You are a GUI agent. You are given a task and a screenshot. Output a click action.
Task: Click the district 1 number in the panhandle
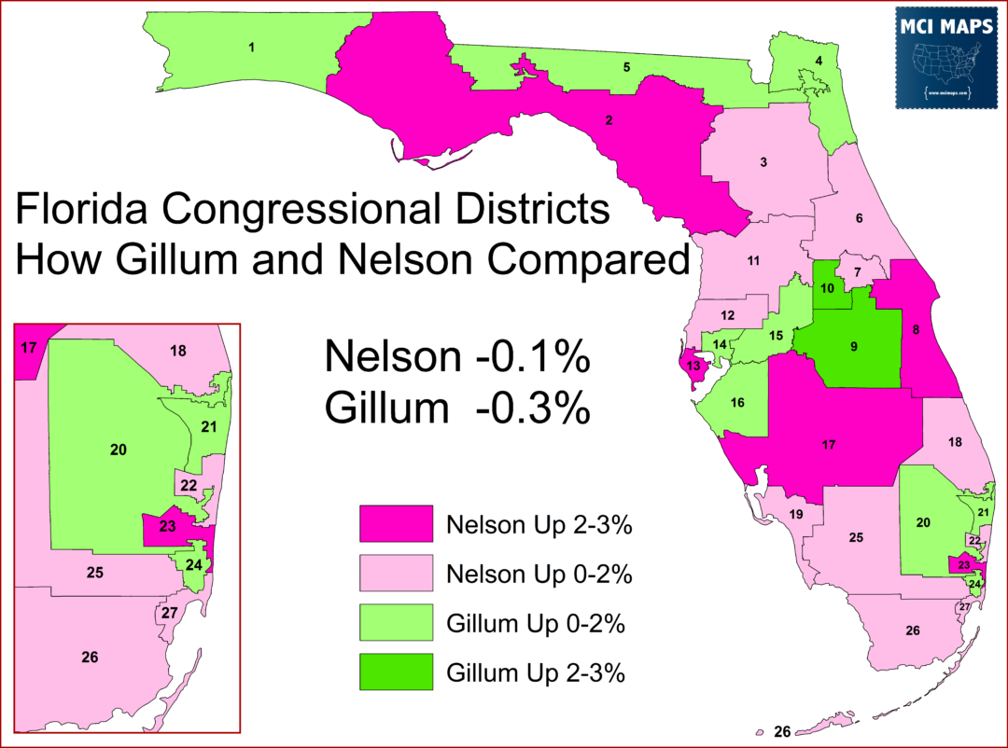pos(251,46)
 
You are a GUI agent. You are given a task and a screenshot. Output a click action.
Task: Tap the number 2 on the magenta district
pos(609,120)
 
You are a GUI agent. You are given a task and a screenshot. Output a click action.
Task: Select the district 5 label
pos(626,67)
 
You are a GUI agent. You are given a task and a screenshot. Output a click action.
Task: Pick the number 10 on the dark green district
pos(827,287)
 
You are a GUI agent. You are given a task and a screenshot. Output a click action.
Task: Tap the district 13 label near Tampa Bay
pos(693,365)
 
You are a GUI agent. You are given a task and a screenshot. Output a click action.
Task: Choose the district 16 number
pos(737,403)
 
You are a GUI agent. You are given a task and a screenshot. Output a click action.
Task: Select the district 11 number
pos(753,260)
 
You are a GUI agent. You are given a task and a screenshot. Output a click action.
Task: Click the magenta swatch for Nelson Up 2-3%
pos(397,523)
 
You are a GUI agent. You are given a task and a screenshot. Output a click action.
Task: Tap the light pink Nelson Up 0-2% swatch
pos(397,573)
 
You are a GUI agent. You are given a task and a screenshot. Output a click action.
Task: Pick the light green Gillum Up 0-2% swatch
pos(397,622)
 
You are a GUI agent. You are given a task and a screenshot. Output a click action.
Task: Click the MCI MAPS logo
pos(945,58)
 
